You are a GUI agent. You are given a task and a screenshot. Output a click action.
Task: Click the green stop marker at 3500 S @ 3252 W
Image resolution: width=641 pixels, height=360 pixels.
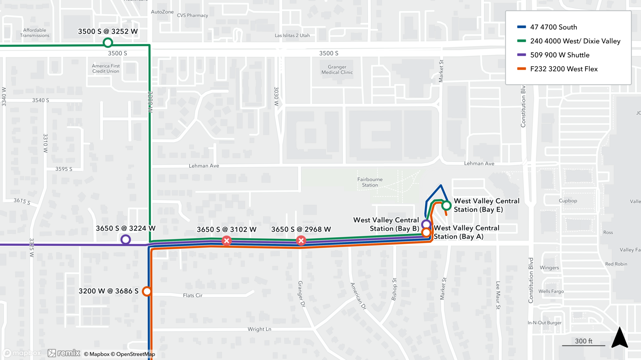tap(108, 42)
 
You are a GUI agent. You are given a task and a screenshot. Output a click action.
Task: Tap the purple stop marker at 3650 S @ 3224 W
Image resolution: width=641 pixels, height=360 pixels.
tap(126, 239)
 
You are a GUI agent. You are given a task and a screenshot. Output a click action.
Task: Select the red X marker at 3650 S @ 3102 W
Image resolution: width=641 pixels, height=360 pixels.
tap(227, 240)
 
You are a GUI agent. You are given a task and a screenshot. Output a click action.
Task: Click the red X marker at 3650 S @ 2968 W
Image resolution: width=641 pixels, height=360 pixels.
tap(301, 240)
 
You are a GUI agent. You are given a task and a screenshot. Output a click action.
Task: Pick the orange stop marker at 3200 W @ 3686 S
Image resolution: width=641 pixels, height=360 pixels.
tap(147, 291)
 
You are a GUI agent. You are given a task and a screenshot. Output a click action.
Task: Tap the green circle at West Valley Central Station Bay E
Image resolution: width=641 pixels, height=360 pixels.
tap(446, 205)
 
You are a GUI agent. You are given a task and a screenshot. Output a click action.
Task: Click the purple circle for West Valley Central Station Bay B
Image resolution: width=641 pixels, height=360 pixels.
tap(426, 224)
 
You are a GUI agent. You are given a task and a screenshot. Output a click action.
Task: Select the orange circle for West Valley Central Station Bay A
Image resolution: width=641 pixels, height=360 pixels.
tap(426, 232)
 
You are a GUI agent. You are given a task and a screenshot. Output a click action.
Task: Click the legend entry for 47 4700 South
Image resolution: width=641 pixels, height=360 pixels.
tap(553, 27)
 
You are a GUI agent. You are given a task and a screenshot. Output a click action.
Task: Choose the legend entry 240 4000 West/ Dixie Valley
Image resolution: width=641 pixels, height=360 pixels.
tap(575, 41)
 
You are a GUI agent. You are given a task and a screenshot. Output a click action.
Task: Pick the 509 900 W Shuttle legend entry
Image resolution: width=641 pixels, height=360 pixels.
tap(560, 55)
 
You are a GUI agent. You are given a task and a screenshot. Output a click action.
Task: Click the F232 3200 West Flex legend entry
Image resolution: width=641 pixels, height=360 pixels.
tap(563, 69)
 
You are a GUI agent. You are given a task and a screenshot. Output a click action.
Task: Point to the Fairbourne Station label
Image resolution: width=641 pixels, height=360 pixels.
tap(370, 182)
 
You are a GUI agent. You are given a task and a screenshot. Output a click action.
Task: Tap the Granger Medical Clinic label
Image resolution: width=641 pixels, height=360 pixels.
tap(337, 70)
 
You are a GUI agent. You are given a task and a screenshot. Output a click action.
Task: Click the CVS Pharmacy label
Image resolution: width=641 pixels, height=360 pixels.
tap(192, 15)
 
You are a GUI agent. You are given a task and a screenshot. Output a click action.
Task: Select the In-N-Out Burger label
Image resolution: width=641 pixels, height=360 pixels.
tap(545, 323)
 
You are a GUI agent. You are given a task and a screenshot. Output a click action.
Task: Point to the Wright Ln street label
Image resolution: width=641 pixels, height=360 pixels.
tap(259, 329)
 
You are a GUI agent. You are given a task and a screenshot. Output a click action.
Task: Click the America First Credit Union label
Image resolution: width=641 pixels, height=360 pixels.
tap(106, 69)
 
